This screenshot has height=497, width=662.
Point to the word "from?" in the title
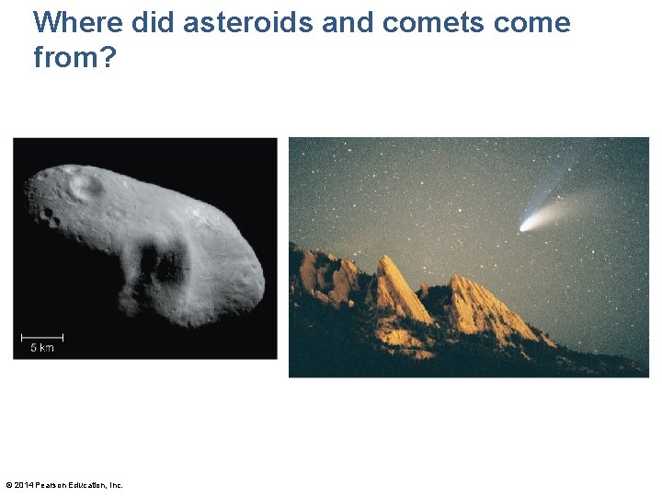click(x=74, y=58)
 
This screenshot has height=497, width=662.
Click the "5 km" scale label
click(x=41, y=347)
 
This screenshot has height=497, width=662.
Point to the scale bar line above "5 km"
click(x=41, y=336)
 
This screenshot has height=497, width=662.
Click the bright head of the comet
click(x=525, y=225)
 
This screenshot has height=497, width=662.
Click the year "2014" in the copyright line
click(x=23, y=485)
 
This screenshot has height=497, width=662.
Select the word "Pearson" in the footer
click(x=50, y=485)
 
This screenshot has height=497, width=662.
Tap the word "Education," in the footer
click(x=86, y=485)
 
